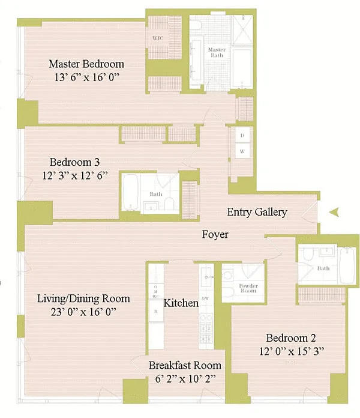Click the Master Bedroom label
[x=86, y=64]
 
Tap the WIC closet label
[x=158, y=38]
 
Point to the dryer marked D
[x=242, y=136]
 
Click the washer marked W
[x=242, y=152]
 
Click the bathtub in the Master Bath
[x=243, y=67]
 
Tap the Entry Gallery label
[x=257, y=212]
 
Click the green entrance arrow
[x=335, y=211]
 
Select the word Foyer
[x=214, y=235]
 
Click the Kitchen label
[x=181, y=303]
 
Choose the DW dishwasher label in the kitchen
[x=205, y=298]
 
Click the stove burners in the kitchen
[x=206, y=325]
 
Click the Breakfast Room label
[x=185, y=365]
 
